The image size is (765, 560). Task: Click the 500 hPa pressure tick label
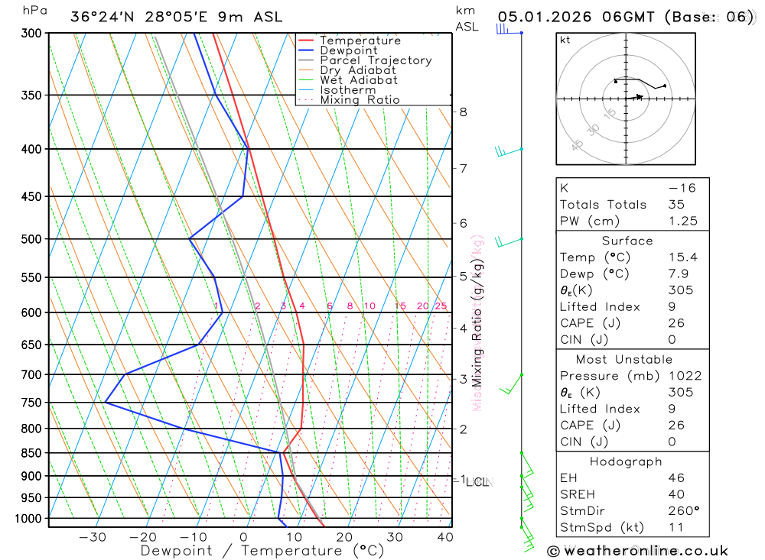[x=30, y=239]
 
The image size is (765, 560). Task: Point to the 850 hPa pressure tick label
[x=30, y=453]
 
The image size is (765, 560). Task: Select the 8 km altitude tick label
[x=463, y=112]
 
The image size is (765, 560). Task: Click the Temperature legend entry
[x=360, y=40]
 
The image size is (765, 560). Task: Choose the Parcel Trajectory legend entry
[x=376, y=60]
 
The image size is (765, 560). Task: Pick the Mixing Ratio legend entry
[x=360, y=100]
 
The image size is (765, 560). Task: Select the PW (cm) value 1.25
[x=682, y=221]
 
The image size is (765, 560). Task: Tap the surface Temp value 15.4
[x=682, y=257]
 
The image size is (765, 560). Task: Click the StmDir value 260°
[x=683, y=510]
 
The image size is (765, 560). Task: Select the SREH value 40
[x=676, y=494]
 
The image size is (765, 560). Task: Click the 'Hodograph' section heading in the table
[x=626, y=461]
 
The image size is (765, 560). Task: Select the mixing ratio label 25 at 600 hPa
[x=441, y=306]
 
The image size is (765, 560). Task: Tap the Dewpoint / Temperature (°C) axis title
[x=262, y=550]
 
